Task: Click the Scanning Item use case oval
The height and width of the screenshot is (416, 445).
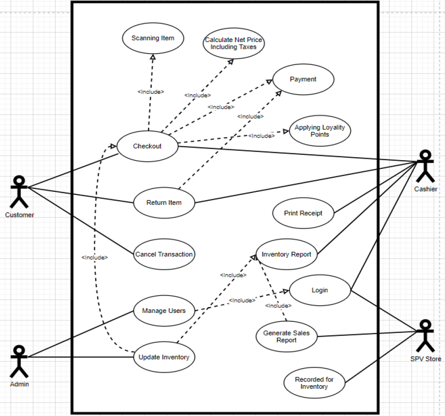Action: [153, 38]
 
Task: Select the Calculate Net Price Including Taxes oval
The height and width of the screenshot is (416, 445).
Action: [233, 43]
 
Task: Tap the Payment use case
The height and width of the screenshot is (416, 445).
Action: [303, 79]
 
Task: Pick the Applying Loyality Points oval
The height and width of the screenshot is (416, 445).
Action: [320, 131]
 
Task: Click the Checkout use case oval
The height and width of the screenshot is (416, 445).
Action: [147, 146]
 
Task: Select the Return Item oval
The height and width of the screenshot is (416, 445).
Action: [164, 203]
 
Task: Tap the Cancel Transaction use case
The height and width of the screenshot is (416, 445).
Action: [164, 254]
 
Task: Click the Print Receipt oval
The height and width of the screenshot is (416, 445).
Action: [303, 213]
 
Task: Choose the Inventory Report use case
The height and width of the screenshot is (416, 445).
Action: [286, 254]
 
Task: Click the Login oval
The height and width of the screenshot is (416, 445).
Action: [320, 290]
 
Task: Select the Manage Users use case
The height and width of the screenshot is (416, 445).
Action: [164, 311]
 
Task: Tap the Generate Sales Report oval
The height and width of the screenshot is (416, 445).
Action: [286, 336]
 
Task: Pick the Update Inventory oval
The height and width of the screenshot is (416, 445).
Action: [164, 357]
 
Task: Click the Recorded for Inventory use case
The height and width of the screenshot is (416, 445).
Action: [314, 383]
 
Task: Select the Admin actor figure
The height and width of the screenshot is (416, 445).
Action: [20, 361]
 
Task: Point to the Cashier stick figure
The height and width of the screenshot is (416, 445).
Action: [425, 166]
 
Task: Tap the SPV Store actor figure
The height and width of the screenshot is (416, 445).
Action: [425, 336]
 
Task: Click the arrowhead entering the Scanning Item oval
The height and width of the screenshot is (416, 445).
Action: [153, 57]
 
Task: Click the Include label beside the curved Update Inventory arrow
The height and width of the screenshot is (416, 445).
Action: [95, 257]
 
